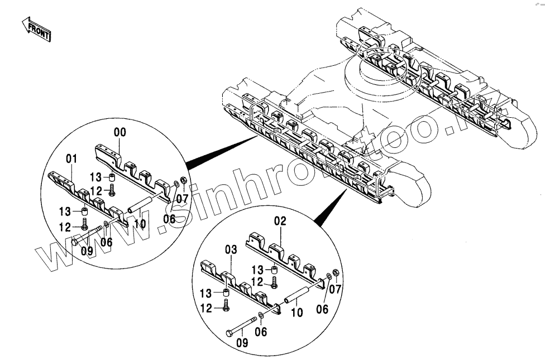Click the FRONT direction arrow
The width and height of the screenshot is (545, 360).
click(37, 29)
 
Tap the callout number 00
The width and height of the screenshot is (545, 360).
click(120, 132)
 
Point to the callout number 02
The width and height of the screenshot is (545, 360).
click(280, 222)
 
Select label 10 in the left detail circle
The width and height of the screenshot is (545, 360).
click(140, 224)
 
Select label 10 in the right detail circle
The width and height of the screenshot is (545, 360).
click(297, 313)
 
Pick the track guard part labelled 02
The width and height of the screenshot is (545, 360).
click(285, 254)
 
